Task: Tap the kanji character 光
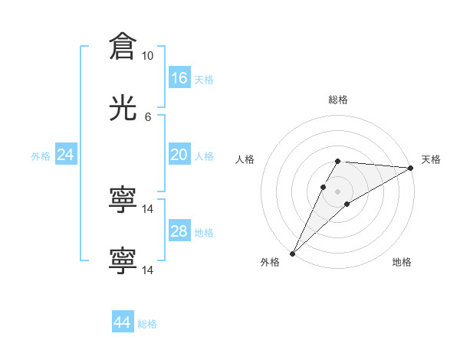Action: (123, 110)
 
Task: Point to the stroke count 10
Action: (148, 56)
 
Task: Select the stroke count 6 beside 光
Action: (148, 116)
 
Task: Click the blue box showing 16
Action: (179, 78)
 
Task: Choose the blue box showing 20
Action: (179, 155)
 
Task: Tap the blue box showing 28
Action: (179, 232)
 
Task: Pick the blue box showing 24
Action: (66, 155)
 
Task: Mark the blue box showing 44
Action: (123, 323)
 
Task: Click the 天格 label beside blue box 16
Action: (204, 79)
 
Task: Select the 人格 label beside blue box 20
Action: (204, 155)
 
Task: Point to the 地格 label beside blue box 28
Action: (204, 233)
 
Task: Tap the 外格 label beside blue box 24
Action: (41, 155)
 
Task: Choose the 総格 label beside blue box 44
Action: (147, 324)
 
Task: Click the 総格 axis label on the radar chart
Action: (338, 100)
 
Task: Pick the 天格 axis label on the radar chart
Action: (432, 159)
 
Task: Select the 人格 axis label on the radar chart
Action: (245, 159)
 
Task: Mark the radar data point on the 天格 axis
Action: (411, 168)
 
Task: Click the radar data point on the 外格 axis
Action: (292, 254)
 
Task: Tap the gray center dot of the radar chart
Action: (338, 191)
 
